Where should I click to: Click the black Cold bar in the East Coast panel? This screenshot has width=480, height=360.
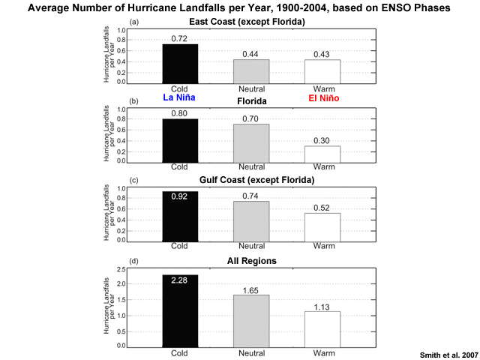[180, 64]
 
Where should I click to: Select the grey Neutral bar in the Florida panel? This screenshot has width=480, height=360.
[251, 143]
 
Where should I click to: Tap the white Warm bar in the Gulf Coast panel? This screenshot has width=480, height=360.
[322, 227]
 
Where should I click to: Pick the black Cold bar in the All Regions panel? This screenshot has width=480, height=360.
[180, 311]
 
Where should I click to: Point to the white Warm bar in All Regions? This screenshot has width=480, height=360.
[322, 329]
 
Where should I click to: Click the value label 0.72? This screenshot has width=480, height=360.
[179, 39]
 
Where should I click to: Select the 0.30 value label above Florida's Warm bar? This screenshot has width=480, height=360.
[322, 141]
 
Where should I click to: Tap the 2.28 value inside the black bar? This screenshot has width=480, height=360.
[179, 280]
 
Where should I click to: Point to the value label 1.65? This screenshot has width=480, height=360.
[250, 290]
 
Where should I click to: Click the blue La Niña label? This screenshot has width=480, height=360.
[179, 97]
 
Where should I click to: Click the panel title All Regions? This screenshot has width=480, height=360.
[252, 261]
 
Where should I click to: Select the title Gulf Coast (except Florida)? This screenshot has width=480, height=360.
[256, 180]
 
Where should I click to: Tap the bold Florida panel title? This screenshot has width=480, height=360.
[252, 101]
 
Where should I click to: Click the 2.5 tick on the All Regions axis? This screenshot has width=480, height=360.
[121, 270]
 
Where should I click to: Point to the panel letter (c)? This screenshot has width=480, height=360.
[133, 181]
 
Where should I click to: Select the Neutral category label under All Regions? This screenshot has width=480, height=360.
[252, 353]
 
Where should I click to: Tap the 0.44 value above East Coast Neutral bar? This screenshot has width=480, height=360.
[250, 55]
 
